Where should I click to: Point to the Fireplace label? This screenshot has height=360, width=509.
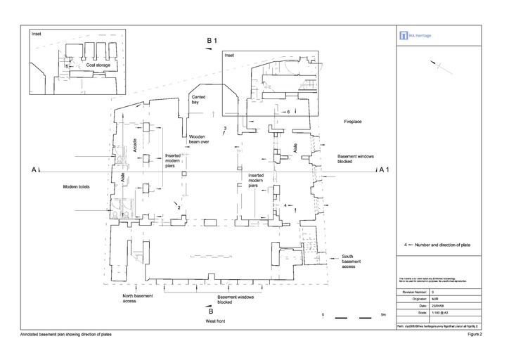352,122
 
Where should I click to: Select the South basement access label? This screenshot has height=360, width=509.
353,261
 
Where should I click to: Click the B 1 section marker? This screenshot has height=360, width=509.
212,43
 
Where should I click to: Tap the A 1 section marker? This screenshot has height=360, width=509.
383,169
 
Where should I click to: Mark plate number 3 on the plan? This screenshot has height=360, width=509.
224,128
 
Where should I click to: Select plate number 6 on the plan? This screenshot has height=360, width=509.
288,112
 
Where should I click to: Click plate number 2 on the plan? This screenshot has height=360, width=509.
179,208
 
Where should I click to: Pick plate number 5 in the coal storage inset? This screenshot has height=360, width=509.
66,65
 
